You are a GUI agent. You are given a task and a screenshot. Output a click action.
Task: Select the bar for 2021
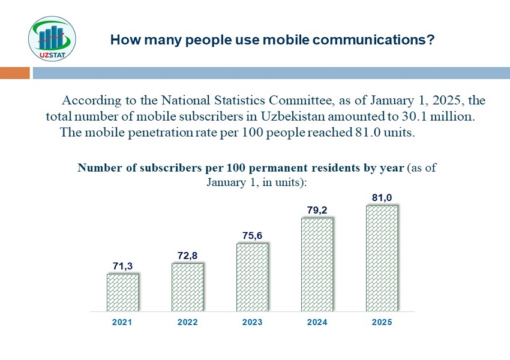click(122, 293)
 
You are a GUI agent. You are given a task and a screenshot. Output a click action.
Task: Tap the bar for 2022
click(187, 287)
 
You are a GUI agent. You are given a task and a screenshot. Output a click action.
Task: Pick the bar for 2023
click(252, 277)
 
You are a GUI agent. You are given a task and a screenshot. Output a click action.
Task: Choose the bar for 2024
click(317, 265)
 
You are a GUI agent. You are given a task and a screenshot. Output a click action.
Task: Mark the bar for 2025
click(382, 259)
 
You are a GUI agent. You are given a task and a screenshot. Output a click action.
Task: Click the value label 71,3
click(122, 266)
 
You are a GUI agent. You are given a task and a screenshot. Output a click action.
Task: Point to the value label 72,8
click(187, 256)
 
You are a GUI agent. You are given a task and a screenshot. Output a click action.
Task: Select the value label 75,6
click(252, 236)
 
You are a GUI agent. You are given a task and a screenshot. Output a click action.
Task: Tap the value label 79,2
click(317, 211)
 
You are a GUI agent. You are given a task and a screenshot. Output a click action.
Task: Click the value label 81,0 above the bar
click(382, 197)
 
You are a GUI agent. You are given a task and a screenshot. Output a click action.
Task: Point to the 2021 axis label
click(122, 322)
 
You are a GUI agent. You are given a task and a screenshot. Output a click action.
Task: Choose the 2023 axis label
click(252, 322)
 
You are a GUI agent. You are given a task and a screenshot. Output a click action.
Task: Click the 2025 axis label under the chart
click(382, 322)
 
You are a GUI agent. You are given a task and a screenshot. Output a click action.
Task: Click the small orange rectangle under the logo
click(14, 73)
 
